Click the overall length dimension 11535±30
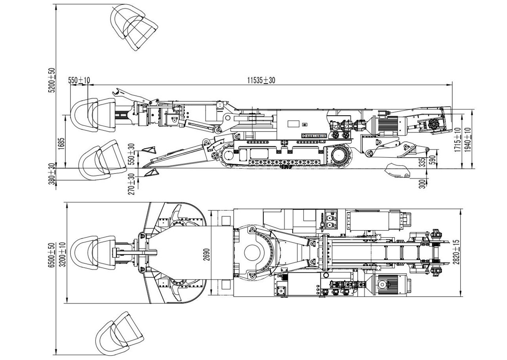pos(261,80)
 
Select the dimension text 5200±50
pos(51,80)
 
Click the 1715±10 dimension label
pos(458,140)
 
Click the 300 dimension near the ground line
pos(422,184)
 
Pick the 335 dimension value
pos(422,162)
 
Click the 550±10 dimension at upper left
pos(79,80)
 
